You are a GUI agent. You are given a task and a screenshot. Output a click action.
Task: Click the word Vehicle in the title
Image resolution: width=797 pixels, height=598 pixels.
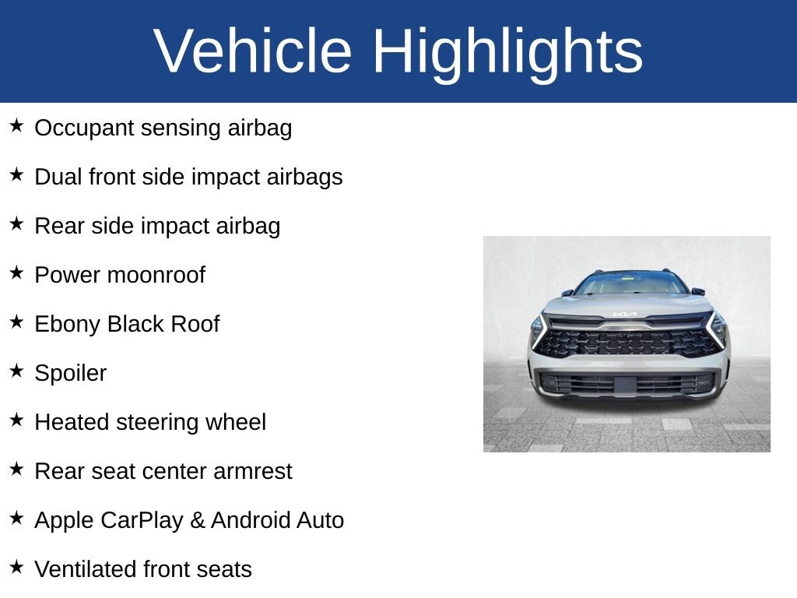[252, 51]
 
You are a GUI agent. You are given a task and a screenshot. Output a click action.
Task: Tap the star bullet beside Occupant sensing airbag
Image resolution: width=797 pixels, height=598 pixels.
[16, 125]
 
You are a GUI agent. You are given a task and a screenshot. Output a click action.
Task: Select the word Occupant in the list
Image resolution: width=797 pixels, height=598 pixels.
[84, 128]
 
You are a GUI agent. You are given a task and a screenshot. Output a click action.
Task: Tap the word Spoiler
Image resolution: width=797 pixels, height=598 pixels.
[71, 373]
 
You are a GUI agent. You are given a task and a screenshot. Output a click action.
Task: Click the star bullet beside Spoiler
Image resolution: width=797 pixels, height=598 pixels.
[16, 371]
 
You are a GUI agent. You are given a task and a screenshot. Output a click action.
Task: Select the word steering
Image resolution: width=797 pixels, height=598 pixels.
[163, 423]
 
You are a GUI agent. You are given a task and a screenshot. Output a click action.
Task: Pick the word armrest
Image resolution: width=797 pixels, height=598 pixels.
[253, 471]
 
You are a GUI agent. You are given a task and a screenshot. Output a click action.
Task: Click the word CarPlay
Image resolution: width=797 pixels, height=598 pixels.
[142, 520]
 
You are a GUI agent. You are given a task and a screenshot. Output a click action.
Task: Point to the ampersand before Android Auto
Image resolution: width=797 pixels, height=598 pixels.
[197, 520]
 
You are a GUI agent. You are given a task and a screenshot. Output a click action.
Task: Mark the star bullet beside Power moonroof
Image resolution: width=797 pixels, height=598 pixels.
[16, 273]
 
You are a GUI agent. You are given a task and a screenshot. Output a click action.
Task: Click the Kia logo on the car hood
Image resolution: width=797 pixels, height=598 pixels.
[624, 315]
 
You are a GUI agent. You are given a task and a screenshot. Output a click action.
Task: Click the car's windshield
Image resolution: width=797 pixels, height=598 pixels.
[630, 284]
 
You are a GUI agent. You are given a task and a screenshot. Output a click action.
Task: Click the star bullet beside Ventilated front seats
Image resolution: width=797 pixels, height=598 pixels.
[16, 567]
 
